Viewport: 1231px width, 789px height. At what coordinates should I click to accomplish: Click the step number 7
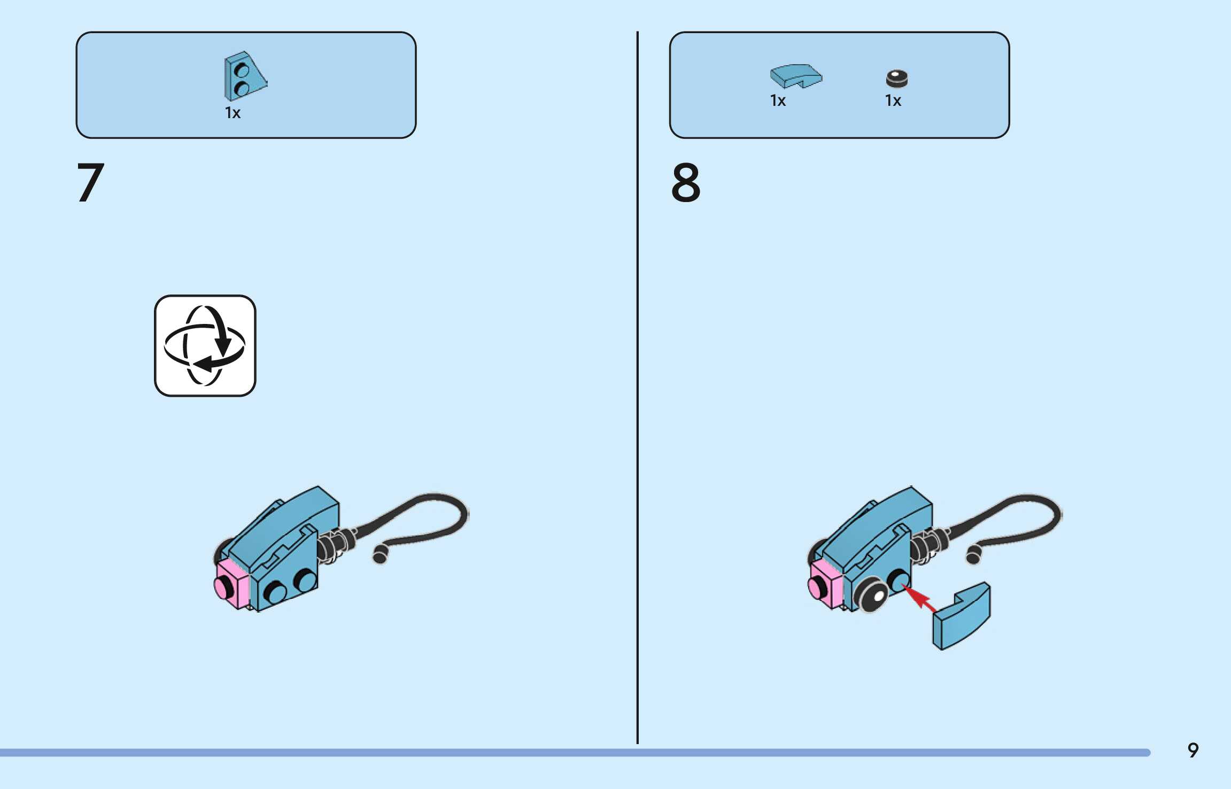coord(91,183)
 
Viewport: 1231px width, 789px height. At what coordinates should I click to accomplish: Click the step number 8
coord(686,183)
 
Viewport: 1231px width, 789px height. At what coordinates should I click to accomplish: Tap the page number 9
coord(1193,750)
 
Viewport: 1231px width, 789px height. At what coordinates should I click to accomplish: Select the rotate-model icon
coord(205,346)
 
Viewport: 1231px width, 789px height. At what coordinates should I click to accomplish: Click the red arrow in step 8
coord(919,598)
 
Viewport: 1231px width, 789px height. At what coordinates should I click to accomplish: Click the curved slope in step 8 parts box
coord(795,76)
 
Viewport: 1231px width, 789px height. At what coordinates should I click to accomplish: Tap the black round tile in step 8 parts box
coord(896,79)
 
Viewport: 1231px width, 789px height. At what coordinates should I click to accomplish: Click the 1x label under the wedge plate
coord(233,113)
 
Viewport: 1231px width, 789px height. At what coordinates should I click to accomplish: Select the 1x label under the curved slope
coord(778,100)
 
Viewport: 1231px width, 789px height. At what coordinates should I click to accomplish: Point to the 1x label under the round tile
coord(893,100)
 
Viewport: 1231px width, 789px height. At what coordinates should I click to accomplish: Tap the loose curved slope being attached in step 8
coord(961,617)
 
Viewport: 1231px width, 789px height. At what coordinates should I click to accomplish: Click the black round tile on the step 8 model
coord(872,594)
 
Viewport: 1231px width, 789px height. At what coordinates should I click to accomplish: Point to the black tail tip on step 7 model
coord(380,556)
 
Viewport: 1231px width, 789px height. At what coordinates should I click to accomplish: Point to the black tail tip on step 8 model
coord(973,556)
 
